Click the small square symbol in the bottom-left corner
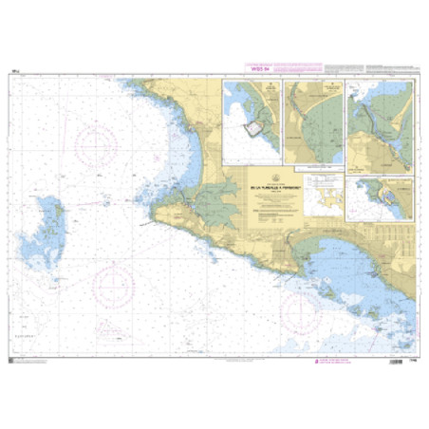(13, 362)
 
